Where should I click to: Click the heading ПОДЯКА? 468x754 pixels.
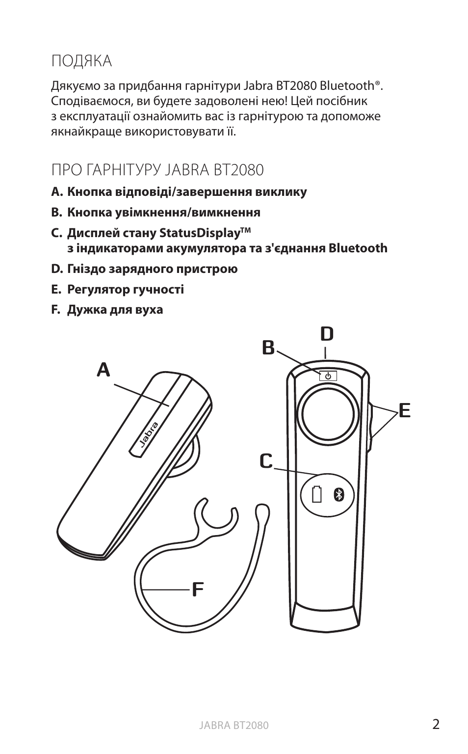coord(81,61)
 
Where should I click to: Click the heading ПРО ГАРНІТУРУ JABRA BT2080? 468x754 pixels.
coord(157,170)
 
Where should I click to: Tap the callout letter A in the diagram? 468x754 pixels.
coord(103,369)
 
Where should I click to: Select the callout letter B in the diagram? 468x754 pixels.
coord(268,348)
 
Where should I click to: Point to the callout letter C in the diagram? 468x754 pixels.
coord(265,461)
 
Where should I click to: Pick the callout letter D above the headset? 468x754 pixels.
coord(327,334)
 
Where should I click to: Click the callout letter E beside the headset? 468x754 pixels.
coord(404,410)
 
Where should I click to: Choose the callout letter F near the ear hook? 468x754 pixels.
coord(197,588)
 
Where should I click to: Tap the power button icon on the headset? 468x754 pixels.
coord(328,376)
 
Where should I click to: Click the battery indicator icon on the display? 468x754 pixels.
coord(316,495)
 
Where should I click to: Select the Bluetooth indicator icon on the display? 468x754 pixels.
coord(338,495)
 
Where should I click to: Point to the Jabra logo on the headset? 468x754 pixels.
coord(148,434)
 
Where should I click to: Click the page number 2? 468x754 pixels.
coord(436,724)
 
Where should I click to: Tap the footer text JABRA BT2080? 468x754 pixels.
coord(234,726)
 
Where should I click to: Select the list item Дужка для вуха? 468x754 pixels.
coord(115,310)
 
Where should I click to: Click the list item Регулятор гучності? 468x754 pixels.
coord(125,289)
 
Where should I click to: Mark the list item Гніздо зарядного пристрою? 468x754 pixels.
coord(152,269)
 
